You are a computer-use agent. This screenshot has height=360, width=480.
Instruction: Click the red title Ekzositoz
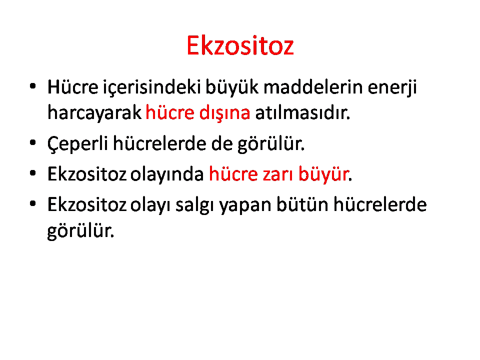pos(240,45)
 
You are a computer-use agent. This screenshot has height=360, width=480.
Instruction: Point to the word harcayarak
pos(94,113)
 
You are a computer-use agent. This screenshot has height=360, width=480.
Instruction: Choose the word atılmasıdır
pos(302,112)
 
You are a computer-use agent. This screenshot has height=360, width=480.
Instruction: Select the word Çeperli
pos(78,144)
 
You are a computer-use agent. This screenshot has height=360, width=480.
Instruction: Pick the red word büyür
pos(323,174)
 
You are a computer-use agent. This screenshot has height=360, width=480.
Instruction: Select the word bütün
pos(302,204)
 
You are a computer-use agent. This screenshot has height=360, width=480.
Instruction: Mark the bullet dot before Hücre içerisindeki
pos(33,86)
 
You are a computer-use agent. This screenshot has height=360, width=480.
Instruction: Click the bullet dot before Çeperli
pos(33,142)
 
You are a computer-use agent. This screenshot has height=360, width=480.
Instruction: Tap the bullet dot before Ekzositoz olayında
pos(33,173)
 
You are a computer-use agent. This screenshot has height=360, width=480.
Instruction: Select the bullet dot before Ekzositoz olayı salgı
pos(33,203)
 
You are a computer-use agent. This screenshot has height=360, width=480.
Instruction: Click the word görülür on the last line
pos(80,231)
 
